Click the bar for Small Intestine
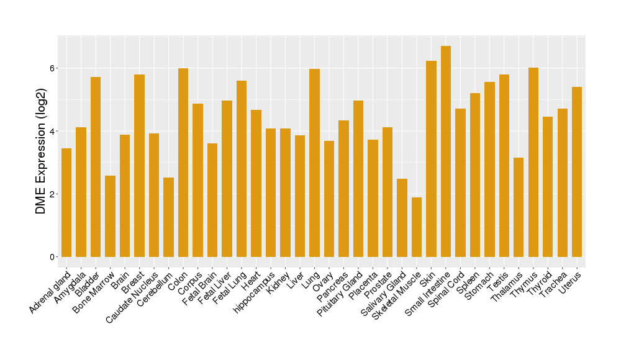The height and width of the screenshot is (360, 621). (x=446, y=151)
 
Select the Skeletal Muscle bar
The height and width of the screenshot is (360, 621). (x=417, y=227)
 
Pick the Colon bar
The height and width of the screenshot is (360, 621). (x=183, y=163)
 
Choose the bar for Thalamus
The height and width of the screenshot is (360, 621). (x=519, y=207)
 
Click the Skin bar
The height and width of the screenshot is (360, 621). (x=431, y=159)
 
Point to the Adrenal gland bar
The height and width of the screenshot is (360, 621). (x=66, y=202)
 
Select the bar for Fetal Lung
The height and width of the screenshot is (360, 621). (x=242, y=169)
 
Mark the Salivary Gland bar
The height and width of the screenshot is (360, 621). (x=402, y=218)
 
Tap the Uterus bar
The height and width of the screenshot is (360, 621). (x=577, y=172)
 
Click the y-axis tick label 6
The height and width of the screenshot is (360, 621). (x=53, y=68)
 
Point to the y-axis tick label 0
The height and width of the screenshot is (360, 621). (x=53, y=257)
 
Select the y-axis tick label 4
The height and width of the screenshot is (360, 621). (x=53, y=132)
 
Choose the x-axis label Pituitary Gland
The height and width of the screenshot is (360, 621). (x=340, y=294)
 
